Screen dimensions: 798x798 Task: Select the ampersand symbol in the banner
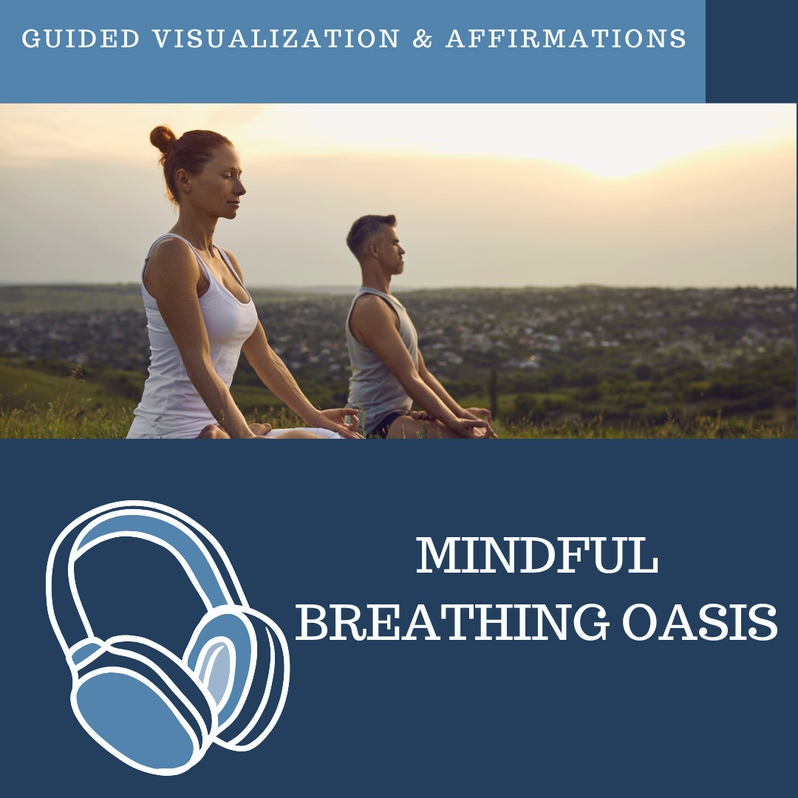[423, 39]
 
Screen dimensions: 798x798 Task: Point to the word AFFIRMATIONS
[566, 38]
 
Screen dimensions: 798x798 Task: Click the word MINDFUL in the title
[537, 557]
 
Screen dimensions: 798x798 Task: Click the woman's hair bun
[163, 138]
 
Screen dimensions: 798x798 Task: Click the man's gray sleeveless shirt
[377, 362]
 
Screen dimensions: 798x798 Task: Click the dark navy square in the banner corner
[751, 51]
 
